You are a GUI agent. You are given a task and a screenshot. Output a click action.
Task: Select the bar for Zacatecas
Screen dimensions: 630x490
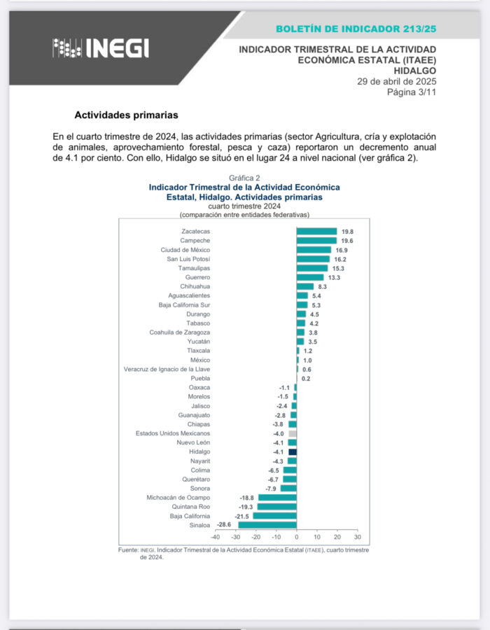coord(316,231)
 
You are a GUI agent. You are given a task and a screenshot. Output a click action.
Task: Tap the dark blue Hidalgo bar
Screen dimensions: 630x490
coord(293,451)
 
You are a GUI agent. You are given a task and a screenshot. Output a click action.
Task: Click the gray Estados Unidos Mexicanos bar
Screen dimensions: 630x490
coord(293,433)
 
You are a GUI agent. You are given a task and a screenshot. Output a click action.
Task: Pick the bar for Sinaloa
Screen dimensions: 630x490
coord(267,524)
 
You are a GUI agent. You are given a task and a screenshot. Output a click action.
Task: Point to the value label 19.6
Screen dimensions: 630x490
coord(348,240)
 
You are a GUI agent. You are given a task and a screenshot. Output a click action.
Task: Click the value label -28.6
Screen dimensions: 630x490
coord(225,524)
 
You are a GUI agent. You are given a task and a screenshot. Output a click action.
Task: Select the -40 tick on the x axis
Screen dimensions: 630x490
coord(216,538)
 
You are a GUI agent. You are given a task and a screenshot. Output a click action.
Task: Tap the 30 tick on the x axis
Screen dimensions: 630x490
coord(357,538)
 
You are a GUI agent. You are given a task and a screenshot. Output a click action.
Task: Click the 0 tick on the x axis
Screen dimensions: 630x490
coord(297,538)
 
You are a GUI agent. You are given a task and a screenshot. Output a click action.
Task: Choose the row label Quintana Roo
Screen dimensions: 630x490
coord(191,506)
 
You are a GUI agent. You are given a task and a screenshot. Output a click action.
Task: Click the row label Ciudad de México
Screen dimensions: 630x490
coord(185,249)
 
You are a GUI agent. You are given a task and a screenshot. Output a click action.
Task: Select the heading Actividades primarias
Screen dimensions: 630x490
coord(127,114)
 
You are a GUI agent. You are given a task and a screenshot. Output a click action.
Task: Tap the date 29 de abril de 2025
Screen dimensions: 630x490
coord(396,81)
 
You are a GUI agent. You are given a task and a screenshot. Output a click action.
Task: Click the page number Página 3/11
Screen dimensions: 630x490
coord(412,92)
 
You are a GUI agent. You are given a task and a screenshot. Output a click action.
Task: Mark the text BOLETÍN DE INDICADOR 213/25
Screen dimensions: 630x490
coord(356,29)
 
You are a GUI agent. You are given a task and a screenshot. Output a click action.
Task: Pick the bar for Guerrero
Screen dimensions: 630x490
coord(310,277)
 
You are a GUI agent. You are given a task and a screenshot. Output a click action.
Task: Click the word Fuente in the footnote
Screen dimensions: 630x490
coord(128,550)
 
